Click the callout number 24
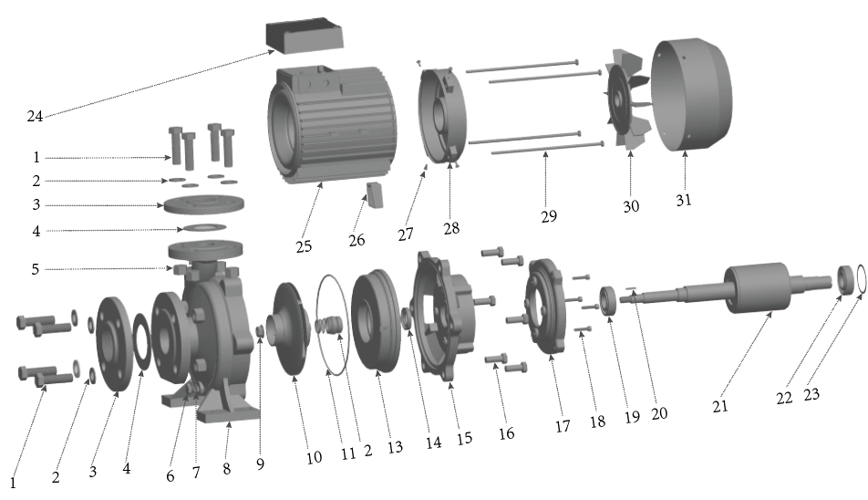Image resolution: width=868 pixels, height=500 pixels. click(x=35, y=116)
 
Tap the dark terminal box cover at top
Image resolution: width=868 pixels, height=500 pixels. click(x=305, y=37)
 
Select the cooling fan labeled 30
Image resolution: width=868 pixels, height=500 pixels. click(x=628, y=100)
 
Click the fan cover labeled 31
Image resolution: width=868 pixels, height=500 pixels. click(x=691, y=95)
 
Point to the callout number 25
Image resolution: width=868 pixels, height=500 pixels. click(x=304, y=245)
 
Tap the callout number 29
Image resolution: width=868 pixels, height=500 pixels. click(x=549, y=216)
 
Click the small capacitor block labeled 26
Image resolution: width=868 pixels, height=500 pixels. click(x=374, y=195)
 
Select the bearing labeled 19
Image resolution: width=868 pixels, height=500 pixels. click(x=609, y=301)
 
